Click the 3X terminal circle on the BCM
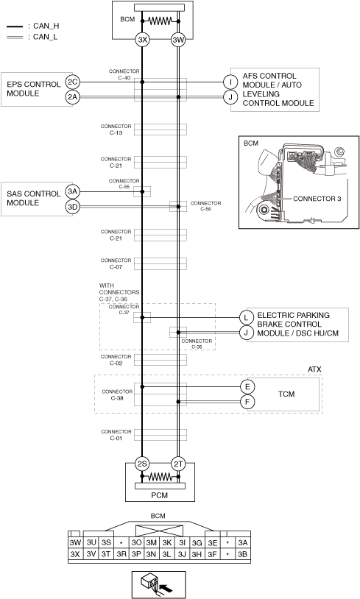[x=142, y=39]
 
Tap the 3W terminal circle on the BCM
[x=178, y=39]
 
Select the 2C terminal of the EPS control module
[x=73, y=82]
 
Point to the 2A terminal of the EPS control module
[x=73, y=97]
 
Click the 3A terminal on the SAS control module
[x=73, y=191]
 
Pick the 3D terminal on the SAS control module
[x=73, y=207]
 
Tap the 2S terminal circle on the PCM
[x=142, y=464]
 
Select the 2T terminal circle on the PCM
[x=178, y=464]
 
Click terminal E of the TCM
[x=247, y=386]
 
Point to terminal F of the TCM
[x=247, y=402]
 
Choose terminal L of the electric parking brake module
[x=246, y=317]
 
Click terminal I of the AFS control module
[x=230, y=82]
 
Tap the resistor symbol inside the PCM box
[x=160, y=477]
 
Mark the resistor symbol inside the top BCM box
[x=160, y=21]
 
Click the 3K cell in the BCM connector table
[x=166, y=542]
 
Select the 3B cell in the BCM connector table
[x=242, y=554]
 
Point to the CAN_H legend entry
[x=33, y=26]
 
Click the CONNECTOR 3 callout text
[x=317, y=199]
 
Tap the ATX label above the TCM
[x=314, y=369]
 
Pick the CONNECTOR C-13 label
[x=116, y=130]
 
